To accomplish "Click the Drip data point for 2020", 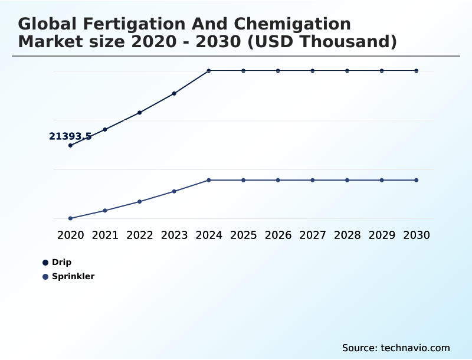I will pyautogui.click(x=70, y=145).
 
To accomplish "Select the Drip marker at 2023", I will pyautogui.click(x=174, y=93).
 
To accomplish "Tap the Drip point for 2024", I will pyautogui.click(x=209, y=71).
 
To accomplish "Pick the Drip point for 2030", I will pyautogui.click(x=417, y=71).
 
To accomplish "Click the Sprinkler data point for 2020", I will pyautogui.click(x=70, y=218).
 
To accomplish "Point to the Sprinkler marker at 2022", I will pyautogui.click(x=140, y=202).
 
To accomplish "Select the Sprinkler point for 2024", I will pyautogui.click(x=209, y=180).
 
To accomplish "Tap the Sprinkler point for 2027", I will pyautogui.click(x=313, y=180).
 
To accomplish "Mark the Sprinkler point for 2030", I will pyautogui.click(x=417, y=180).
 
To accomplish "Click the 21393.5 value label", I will pyautogui.click(x=70, y=136).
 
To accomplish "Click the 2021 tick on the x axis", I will pyautogui.click(x=105, y=235).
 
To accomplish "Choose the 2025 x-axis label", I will pyautogui.click(x=243, y=235).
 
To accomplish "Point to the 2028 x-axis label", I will pyautogui.click(x=347, y=235).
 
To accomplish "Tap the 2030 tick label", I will pyautogui.click(x=417, y=235).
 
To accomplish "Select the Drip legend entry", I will pyautogui.click(x=61, y=263).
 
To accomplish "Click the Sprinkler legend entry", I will pyautogui.click(x=73, y=277).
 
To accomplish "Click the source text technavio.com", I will pyautogui.click(x=415, y=348).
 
